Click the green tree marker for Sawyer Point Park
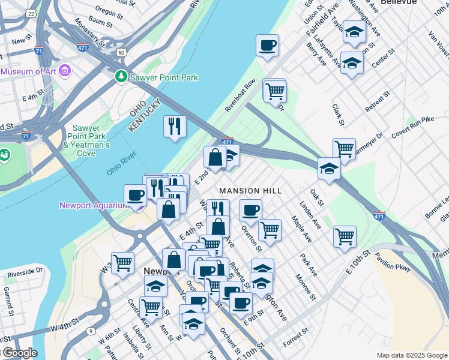coord(121,77)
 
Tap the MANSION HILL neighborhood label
coord(250,191)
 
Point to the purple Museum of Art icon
coord(65,71)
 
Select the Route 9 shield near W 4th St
coord(90,331)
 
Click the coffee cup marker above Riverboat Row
coord(267,45)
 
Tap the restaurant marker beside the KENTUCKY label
coord(175,126)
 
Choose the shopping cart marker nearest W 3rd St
coord(122,262)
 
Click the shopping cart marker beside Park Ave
coord(345,236)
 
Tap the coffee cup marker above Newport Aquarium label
coord(136,195)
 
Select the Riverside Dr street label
coord(25,272)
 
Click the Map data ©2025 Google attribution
coord(412,355)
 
